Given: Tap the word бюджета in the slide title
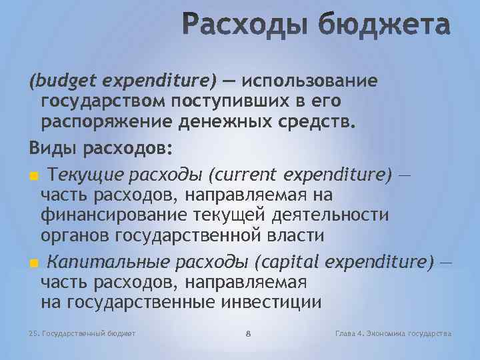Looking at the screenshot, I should pyautogui.click(x=386, y=26).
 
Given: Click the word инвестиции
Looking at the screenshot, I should pyautogui.click(x=270, y=302).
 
